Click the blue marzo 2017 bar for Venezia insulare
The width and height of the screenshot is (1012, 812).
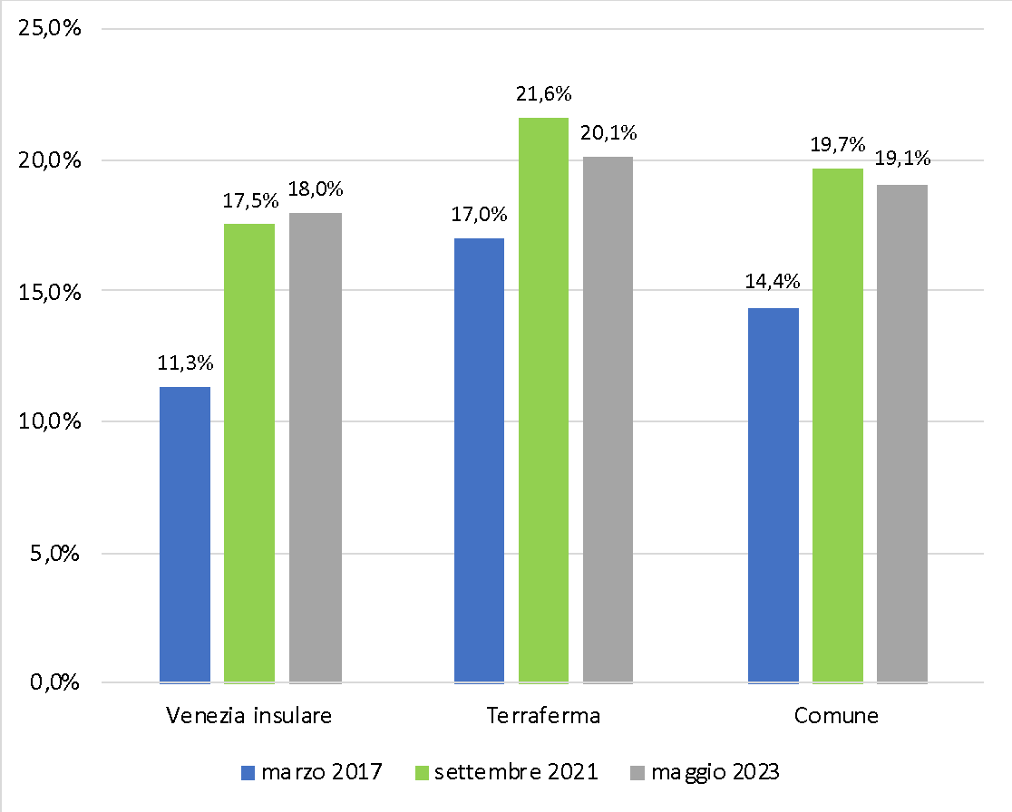point(185,535)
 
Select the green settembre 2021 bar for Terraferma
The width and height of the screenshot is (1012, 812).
point(544,400)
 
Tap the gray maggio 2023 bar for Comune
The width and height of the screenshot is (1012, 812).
point(902,433)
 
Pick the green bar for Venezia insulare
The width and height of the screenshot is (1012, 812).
point(249,453)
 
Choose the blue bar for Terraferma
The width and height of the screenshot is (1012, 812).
point(479,460)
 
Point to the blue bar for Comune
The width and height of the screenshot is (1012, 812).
point(774,495)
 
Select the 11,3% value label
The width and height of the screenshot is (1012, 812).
point(186,363)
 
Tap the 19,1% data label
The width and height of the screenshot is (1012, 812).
point(902,159)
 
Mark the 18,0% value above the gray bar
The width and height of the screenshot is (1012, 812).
point(316,189)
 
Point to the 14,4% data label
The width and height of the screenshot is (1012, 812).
point(773,282)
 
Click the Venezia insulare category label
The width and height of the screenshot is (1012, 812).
point(249,716)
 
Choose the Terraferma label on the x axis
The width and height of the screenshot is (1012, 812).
point(543,716)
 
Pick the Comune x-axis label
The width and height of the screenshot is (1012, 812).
point(836,716)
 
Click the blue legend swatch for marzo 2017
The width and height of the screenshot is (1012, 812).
point(249,773)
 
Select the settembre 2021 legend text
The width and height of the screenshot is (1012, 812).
point(515,773)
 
